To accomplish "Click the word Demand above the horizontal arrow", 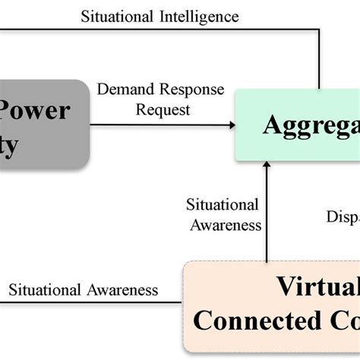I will pyautogui.click(x=123, y=90).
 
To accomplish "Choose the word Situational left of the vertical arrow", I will pyautogui.click(x=222, y=205).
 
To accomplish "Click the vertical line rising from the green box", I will pyautogui.click(x=320, y=61).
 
